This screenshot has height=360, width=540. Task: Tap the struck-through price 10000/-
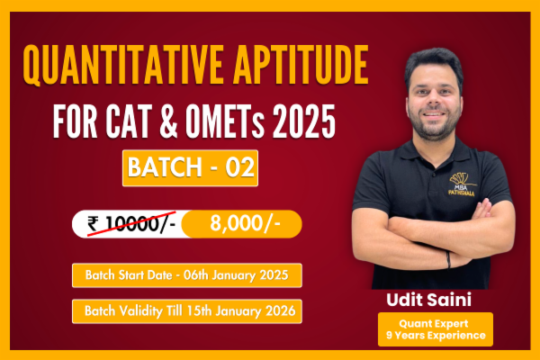[x=135, y=225]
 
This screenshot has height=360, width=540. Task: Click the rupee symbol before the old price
[x=93, y=225]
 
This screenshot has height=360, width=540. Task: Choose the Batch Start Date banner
[x=186, y=274]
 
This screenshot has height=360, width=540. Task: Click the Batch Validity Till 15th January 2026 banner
[x=186, y=311]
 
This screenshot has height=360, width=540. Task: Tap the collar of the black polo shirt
[x=405, y=153]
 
